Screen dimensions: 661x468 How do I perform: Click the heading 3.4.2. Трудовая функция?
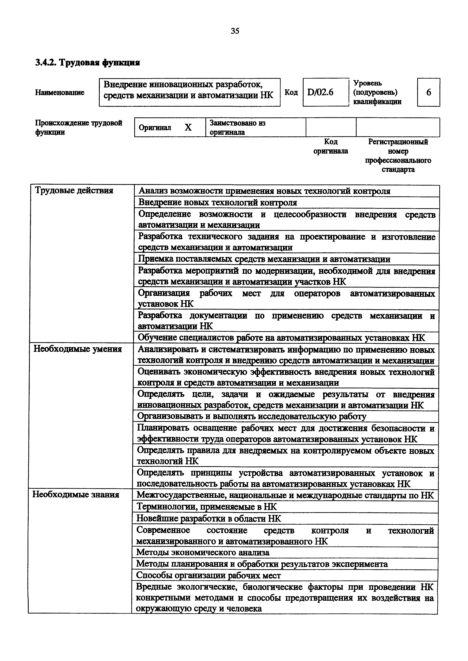(x=87, y=63)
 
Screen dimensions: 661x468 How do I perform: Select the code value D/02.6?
(x=320, y=92)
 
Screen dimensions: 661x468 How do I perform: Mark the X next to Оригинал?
(x=188, y=127)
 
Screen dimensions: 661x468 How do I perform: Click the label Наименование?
(x=60, y=92)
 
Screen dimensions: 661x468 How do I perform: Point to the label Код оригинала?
(x=331, y=146)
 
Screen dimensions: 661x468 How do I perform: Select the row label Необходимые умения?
(x=78, y=349)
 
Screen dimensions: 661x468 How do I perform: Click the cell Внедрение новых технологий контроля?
(x=217, y=202)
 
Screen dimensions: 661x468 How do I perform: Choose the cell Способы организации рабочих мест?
(x=208, y=575)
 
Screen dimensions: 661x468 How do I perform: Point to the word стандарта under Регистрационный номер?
(x=398, y=169)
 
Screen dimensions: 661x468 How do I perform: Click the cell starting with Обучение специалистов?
(x=281, y=337)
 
